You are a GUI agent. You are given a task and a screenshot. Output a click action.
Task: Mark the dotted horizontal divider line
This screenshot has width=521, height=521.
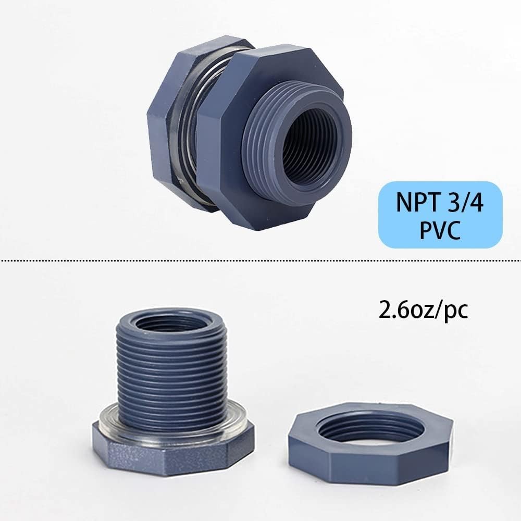coord(260,259)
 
